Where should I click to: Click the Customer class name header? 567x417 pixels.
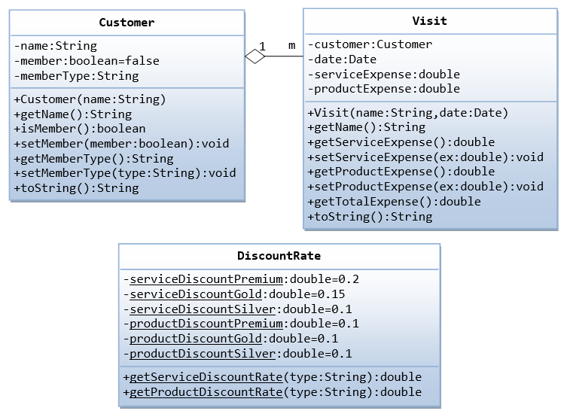127,23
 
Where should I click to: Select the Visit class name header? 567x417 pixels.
429,21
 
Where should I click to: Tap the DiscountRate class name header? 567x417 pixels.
279,256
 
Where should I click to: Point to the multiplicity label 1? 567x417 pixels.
262,46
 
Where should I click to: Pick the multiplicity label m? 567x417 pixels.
291,46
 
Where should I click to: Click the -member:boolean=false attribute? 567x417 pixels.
87,61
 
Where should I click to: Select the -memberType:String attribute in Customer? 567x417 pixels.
76,76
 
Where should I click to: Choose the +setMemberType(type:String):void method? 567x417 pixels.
124,173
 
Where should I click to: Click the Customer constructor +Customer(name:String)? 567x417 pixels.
90,99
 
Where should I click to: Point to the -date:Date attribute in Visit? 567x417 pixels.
342,59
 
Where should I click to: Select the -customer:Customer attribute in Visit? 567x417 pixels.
370,44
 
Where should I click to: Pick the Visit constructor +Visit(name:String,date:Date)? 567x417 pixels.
407,113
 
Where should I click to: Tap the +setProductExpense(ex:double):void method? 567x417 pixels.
425,187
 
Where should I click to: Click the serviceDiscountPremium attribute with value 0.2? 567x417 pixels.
241,279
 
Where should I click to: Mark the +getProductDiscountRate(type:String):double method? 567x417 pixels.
272,392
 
